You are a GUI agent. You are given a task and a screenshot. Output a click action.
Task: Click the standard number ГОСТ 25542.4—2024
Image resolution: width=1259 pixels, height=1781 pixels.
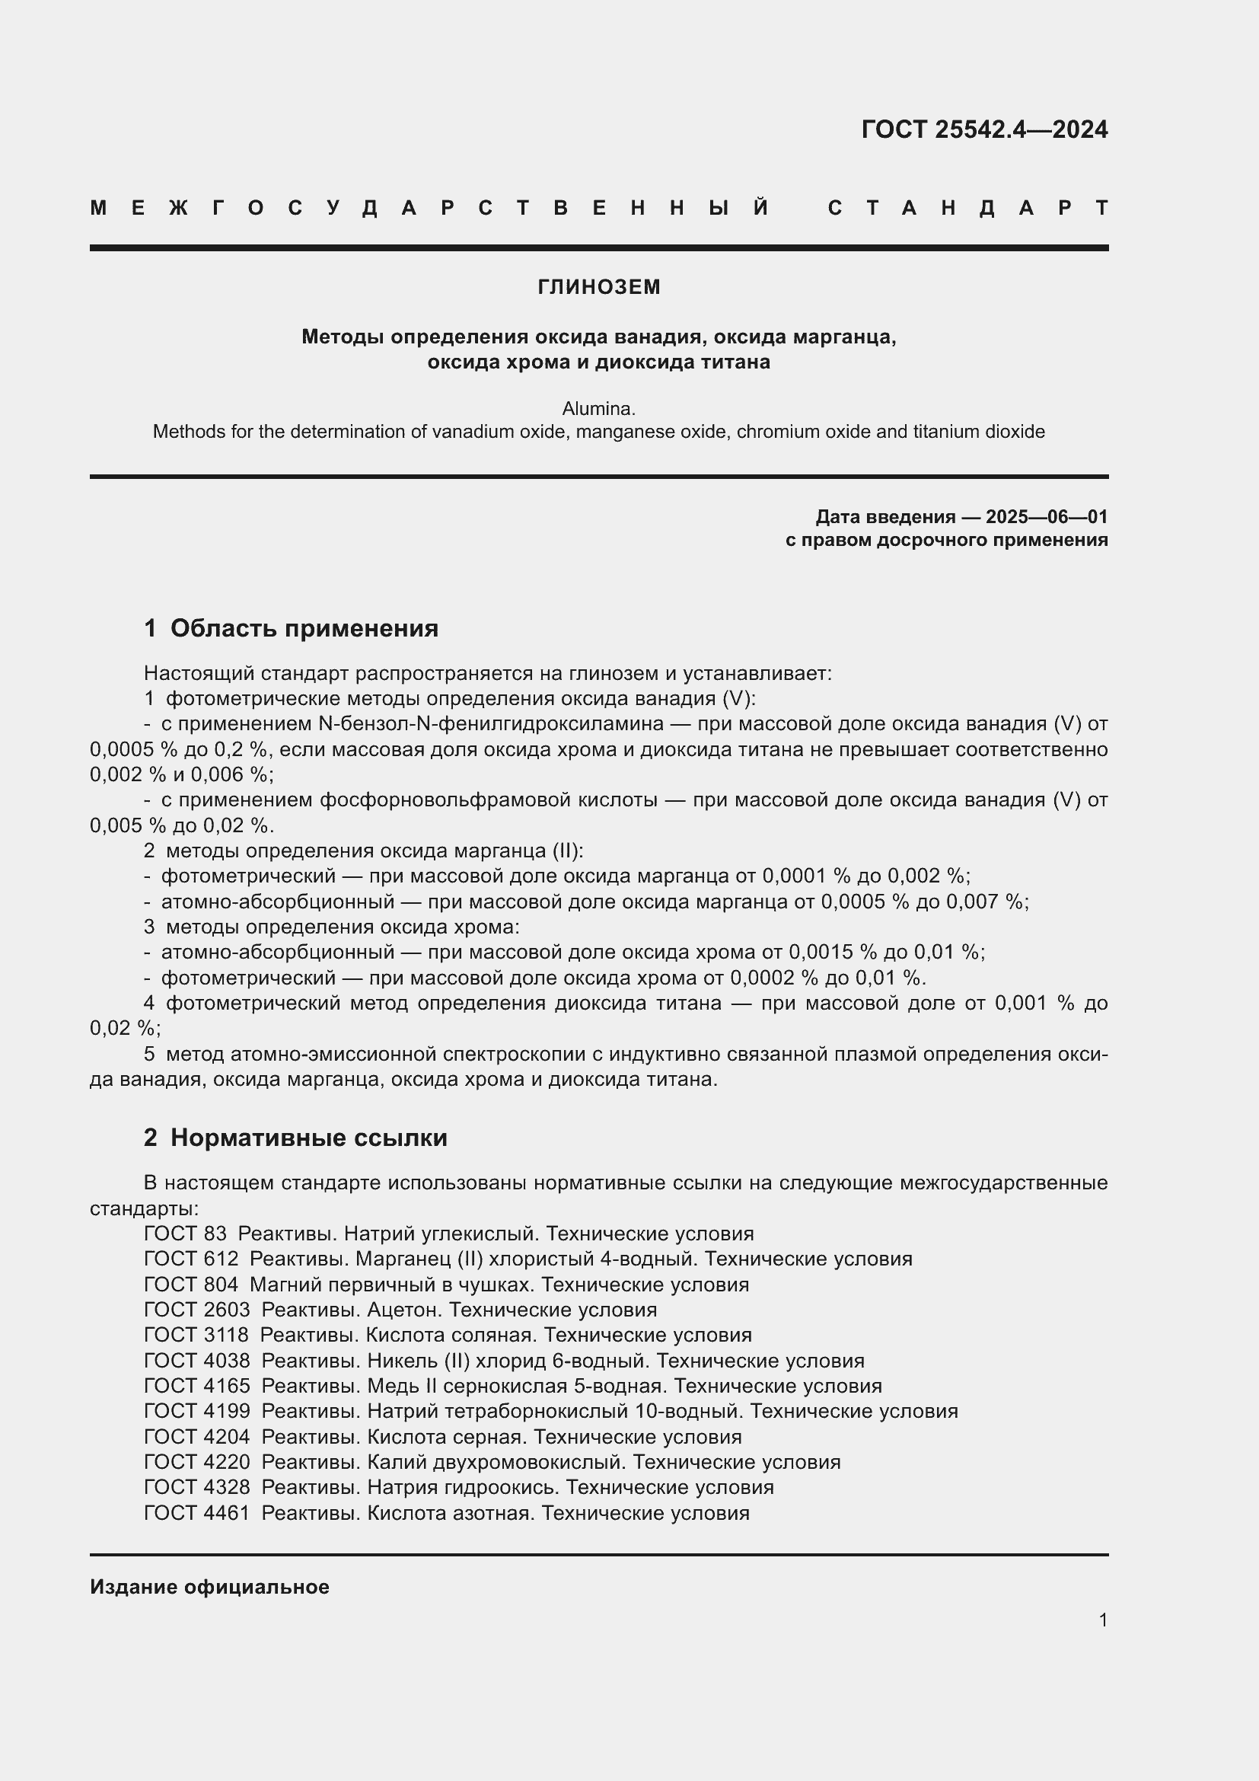point(983,129)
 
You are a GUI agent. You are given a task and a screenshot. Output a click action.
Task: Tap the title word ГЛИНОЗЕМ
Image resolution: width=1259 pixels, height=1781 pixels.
point(598,287)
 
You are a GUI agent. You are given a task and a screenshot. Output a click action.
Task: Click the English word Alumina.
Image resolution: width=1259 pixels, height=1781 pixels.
point(598,408)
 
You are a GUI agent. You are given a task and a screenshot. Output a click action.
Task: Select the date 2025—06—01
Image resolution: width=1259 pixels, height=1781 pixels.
point(1047,516)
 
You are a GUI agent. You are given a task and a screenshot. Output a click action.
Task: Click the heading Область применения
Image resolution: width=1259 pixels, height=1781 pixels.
point(304,627)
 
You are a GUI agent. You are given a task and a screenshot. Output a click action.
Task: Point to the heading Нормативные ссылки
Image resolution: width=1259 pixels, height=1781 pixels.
point(308,1137)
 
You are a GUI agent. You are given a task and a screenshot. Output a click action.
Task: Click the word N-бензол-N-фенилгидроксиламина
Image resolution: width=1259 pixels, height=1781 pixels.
point(491,723)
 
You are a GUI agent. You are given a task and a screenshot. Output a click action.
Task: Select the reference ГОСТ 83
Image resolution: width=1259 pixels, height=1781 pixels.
point(185,1234)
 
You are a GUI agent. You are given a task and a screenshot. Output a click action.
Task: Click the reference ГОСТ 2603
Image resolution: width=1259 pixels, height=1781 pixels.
point(197,1310)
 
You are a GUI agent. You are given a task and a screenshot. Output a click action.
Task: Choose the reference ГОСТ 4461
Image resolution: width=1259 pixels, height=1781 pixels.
point(197,1513)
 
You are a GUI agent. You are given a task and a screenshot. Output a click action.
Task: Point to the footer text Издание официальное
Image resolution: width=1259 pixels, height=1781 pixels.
point(209,1586)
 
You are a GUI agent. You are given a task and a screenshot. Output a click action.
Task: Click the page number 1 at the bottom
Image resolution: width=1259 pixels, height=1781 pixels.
point(1102,1619)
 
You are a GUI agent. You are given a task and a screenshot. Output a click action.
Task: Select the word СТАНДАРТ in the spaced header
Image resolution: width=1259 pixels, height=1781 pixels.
point(967,208)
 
